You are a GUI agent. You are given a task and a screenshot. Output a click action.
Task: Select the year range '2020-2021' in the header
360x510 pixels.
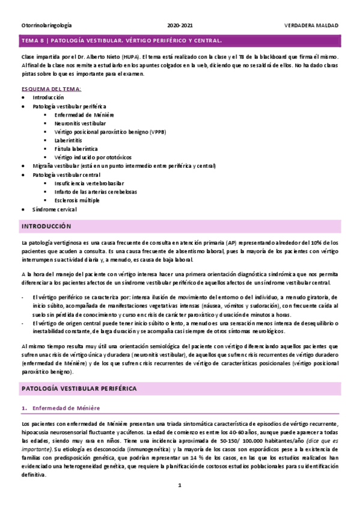click(x=180, y=26)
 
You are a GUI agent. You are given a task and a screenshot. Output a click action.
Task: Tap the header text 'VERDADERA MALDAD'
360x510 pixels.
click(x=311, y=26)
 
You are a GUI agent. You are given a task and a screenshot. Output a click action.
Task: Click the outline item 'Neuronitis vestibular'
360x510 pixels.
click(x=80, y=123)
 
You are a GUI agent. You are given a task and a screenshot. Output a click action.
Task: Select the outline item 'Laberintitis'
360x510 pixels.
click(x=69, y=140)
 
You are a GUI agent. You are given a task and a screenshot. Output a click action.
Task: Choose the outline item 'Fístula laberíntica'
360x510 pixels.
click(x=76, y=148)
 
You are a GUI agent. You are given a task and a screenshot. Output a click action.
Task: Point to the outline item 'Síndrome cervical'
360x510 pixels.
click(x=55, y=209)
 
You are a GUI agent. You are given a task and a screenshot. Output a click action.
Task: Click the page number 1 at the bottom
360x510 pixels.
click(x=180, y=485)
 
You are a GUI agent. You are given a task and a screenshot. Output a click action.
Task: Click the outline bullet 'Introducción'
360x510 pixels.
click(x=48, y=97)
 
